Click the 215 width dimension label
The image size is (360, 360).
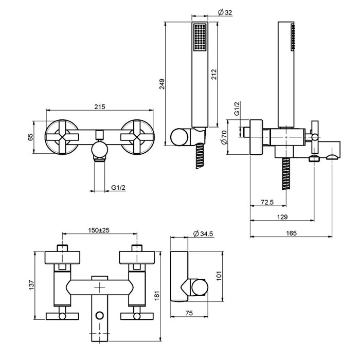coord(100,107)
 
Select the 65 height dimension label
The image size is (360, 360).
coord(30,137)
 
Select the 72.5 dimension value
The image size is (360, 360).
coord(266,202)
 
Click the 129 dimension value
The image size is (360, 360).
coord(281,218)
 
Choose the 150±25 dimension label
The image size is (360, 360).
coord(100,230)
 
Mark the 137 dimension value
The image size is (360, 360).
coord(30,284)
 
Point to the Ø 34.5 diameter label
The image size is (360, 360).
coord(204,234)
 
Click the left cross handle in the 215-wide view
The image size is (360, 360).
coord(61,136)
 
